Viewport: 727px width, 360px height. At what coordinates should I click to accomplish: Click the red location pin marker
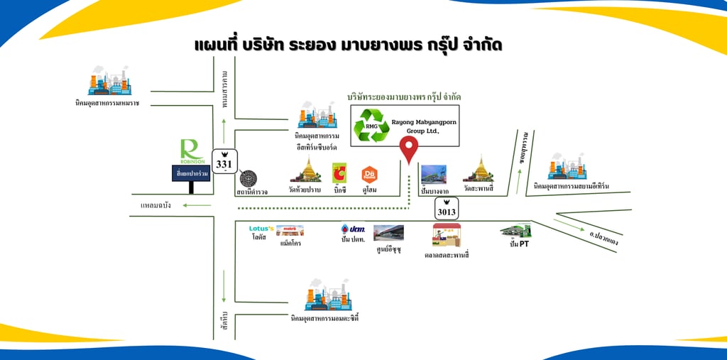(x=409, y=148)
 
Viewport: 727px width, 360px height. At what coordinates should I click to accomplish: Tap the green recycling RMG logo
(x=372, y=125)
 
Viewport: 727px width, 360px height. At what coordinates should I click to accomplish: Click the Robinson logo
(x=192, y=150)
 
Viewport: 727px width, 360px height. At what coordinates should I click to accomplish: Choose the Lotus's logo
(x=258, y=229)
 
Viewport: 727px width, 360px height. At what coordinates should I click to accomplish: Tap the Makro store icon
(x=290, y=230)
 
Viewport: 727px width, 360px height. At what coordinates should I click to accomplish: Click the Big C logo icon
(x=339, y=173)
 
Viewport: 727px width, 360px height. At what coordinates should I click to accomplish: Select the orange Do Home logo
(x=369, y=173)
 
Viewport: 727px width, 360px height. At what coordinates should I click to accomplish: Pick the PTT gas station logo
(x=352, y=230)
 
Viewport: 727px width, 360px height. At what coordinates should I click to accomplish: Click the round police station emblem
(x=248, y=178)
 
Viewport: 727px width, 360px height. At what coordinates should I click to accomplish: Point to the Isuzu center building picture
(x=389, y=233)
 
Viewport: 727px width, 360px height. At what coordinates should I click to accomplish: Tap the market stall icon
(x=447, y=234)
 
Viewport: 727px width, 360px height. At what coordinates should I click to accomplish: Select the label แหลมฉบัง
(x=155, y=205)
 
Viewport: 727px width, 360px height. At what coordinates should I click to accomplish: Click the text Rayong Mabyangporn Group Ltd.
(x=425, y=126)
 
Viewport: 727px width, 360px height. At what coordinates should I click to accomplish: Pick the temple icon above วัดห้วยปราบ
(x=307, y=170)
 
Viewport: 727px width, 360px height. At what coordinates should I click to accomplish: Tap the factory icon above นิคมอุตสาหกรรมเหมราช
(x=109, y=82)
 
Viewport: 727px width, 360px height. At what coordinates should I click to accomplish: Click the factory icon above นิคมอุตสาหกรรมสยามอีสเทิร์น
(x=567, y=166)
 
